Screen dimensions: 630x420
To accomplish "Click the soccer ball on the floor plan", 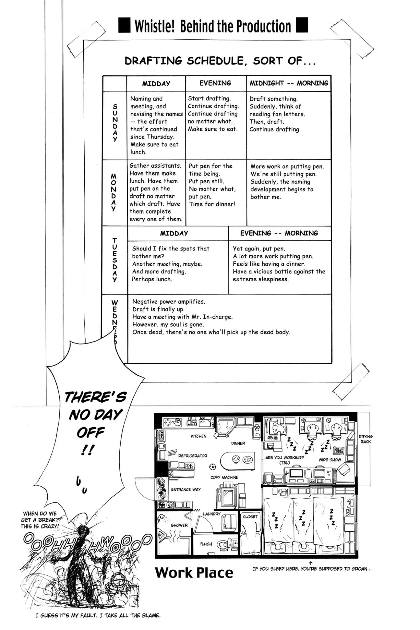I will pyautogui.click(x=212, y=467).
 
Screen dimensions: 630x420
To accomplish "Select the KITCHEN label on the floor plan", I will pyautogui.click(x=198, y=436).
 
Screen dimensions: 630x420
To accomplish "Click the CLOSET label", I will pyautogui.click(x=250, y=517).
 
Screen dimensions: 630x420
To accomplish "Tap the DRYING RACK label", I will pyautogui.click(x=366, y=439).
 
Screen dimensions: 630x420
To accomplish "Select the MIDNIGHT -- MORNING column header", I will pyautogui.click(x=289, y=83).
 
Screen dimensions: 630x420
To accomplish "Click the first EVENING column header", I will pyautogui.click(x=215, y=83).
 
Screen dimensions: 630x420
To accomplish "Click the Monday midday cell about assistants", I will pyautogui.click(x=156, y=192).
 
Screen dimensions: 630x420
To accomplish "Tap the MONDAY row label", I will pyautogui.click(x=114, y=193).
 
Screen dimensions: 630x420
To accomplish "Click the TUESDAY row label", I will pyautogui.click(x=114, y=260).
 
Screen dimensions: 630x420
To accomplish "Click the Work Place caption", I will pyautogui.click(x=194, y=573).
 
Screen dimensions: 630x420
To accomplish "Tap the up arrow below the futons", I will pyautogui.click(x=311, y=563).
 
